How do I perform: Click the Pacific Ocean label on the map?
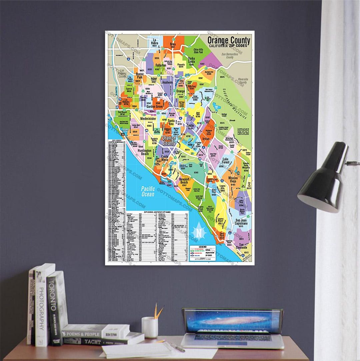(148, 191)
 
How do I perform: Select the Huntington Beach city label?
(144, 152)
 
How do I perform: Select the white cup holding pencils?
(150, 327)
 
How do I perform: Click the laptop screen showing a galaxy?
(232, 321)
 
